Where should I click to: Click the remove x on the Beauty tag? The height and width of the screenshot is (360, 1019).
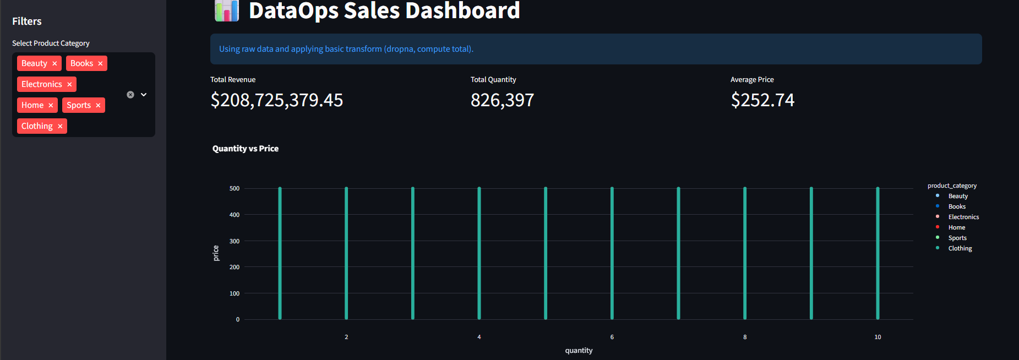click(55, 64)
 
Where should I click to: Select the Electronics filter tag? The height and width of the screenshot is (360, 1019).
click(42, 84)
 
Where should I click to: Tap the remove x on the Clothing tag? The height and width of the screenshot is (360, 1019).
click(60, 127)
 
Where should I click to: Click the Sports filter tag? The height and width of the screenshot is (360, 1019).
click(79, 105)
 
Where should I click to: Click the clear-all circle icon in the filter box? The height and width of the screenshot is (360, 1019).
click(130, 95)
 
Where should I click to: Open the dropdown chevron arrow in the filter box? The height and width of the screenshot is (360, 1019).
click(144, 95)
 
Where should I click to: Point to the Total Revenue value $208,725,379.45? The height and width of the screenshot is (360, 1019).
click(276, 100)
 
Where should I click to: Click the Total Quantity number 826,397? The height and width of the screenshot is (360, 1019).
click(502, 100)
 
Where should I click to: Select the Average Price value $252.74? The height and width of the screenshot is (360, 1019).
click(762, 100)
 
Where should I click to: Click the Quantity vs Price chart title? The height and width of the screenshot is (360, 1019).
click(246, 149)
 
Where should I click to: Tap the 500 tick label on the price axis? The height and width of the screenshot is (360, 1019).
click(235, 188)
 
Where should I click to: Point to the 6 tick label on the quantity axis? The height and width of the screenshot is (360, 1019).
click(612, 337)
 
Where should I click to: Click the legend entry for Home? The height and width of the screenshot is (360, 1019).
click(956, 227)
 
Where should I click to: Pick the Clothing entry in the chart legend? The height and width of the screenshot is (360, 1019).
click(960, 248)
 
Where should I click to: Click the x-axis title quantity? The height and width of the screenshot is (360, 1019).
click(579, 351)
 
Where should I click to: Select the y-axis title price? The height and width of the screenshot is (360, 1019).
click(216, 253)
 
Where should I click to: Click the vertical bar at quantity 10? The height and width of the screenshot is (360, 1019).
click(878, 253)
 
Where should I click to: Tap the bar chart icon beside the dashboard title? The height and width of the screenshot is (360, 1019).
click(226, 11)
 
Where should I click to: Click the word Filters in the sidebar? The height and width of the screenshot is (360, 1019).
click(27, 21)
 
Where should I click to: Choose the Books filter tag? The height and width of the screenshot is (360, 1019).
click(81, 63)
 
